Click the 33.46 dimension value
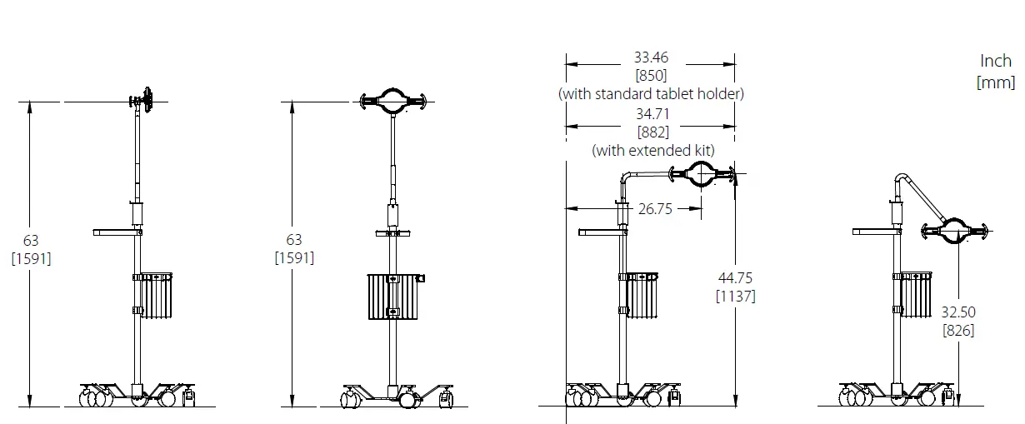tap(651, 57)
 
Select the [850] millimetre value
tap(651, 76)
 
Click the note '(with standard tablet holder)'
tap(651, 94)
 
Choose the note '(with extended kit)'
tap(653, 151)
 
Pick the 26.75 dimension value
tap(654, 209)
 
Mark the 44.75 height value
tap(736, 278)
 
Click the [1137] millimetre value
tap(736, 297)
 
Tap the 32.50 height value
tap(958, 312)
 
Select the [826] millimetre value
tap(958, 331)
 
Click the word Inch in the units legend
tap(996, 62)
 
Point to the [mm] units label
tap(996, 82)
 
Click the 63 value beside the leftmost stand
tap(31, 240)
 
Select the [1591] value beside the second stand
tap(294, 258)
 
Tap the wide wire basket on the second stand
tap(395, 296)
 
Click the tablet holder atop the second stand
tap(392, 102)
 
